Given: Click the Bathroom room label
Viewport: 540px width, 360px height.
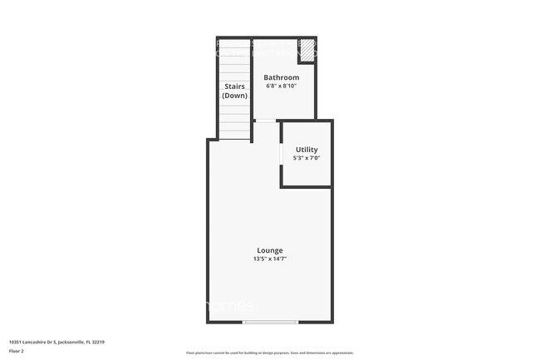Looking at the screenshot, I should tap(282, 77).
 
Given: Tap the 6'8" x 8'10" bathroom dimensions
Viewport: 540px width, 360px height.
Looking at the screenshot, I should tap(282, 86).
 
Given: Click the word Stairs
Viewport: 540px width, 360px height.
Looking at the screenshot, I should tap(234, 86).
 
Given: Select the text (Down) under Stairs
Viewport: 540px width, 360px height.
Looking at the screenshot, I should tap(234, 96).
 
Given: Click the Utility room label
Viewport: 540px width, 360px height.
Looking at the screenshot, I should tap(307, 150).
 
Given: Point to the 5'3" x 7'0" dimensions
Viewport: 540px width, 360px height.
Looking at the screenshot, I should tap(307, 158).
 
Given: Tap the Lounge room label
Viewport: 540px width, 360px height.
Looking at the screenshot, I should tap(269, 250).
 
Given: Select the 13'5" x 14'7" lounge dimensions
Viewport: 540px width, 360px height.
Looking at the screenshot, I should tap(269, 259).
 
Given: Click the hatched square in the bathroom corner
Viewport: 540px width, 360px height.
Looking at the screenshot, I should tap(307, 49).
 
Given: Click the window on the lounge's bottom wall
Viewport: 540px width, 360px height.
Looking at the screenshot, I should tap(270, 322).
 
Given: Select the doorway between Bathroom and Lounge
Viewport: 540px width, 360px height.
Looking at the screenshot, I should tap(266, 121).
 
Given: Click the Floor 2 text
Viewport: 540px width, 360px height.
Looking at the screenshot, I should tap(17, 351).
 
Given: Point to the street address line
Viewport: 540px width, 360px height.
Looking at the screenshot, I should tap(56, 342).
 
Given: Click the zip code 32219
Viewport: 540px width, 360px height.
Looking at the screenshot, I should tap(98, 342).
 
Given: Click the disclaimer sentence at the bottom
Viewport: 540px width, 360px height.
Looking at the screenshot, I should tap(269, 353).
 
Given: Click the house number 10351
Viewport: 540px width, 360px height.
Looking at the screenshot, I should tap(15, 342).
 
